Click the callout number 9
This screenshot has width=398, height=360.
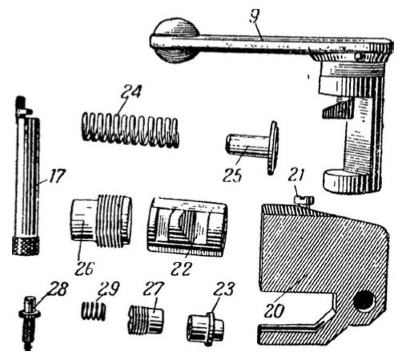(254, 18)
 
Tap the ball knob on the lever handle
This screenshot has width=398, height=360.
(175, 40)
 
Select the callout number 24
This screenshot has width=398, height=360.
(131, 92)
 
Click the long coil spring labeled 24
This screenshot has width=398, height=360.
(130, 131)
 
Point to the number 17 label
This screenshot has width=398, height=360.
(56, 176)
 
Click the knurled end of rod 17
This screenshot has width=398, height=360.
(26, 246)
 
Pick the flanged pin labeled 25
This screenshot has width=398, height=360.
(252, 148)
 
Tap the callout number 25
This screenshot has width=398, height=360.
(232, 175)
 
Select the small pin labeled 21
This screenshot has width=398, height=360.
(304, 200)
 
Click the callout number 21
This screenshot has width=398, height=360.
(296, 174)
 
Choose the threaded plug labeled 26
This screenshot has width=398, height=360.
(102, 220)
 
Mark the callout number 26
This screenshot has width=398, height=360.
(84, 268)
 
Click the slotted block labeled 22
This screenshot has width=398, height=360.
(187, 227)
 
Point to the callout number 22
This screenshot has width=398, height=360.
(181, 269)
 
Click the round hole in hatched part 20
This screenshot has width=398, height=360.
(364, 301)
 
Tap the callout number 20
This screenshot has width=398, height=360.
(274, 310)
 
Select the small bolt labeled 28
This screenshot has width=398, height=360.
(29, 322)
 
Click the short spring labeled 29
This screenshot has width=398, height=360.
(93, 311)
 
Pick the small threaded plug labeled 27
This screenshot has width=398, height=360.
(146, 320)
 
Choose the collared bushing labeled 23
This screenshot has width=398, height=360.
(205, 328)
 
